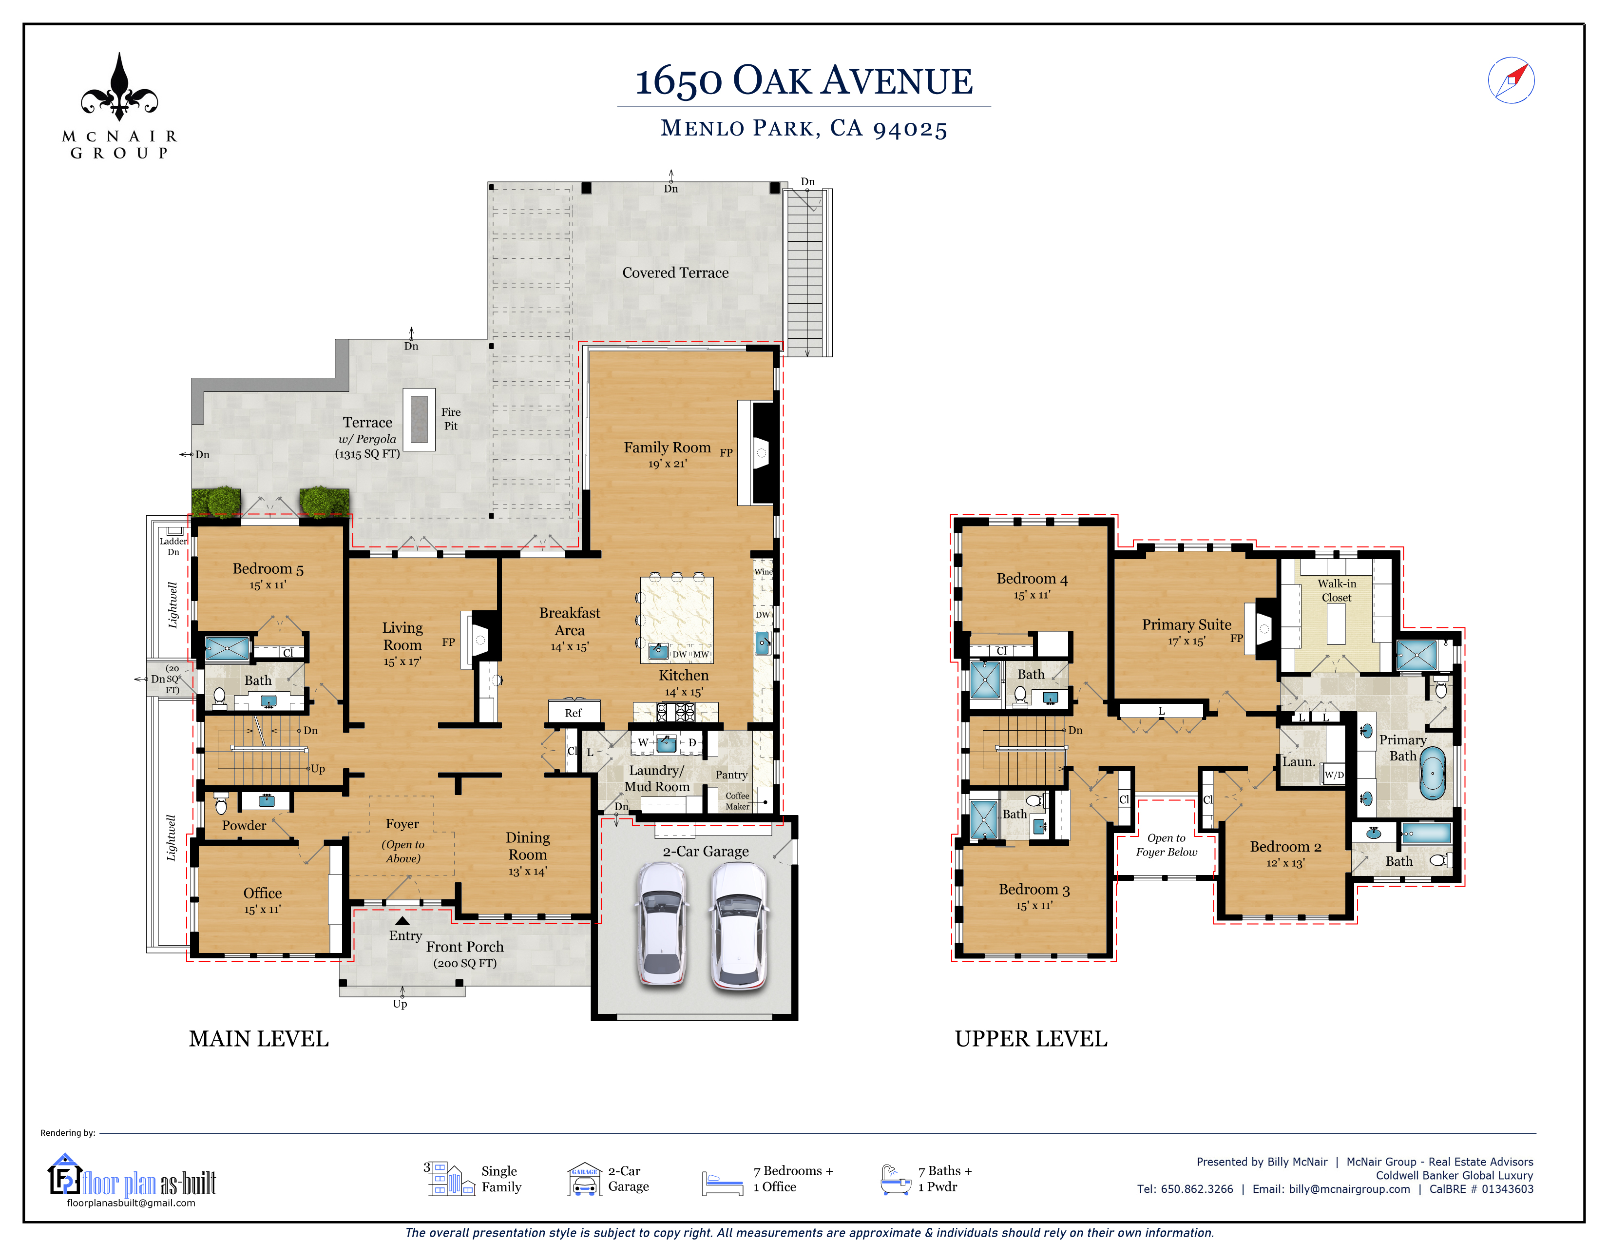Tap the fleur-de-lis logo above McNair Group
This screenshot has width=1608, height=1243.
click(119, 87)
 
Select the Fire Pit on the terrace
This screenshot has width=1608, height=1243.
click(419, 419)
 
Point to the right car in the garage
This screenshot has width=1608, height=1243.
click(739, 926)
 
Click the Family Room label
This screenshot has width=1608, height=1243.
click(667, 447)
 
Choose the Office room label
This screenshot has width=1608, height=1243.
click(262, 893)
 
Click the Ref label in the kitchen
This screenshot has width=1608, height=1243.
click(573, 713)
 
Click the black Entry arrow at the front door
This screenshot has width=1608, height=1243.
click(402, 920)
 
